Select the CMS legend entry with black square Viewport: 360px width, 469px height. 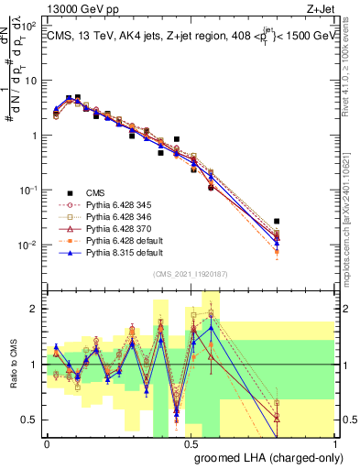tap(95, 192)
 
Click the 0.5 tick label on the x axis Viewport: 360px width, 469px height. tap(191, 442)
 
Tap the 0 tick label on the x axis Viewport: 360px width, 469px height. tap(48, 442)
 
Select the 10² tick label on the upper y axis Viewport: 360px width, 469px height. tap(30, 25)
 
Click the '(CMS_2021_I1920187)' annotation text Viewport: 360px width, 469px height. tap(191, 273)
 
